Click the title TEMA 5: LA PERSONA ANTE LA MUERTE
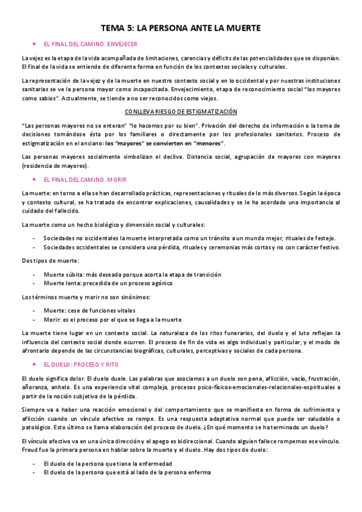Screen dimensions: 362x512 point(181,28)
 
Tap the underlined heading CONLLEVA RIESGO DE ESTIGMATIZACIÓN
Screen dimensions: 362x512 point(181,112)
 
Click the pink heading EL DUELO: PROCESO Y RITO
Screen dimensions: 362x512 point(81,365)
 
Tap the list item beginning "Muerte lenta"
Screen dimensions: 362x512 point(108,283)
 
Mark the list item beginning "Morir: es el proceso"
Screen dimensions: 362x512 point(112,319)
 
